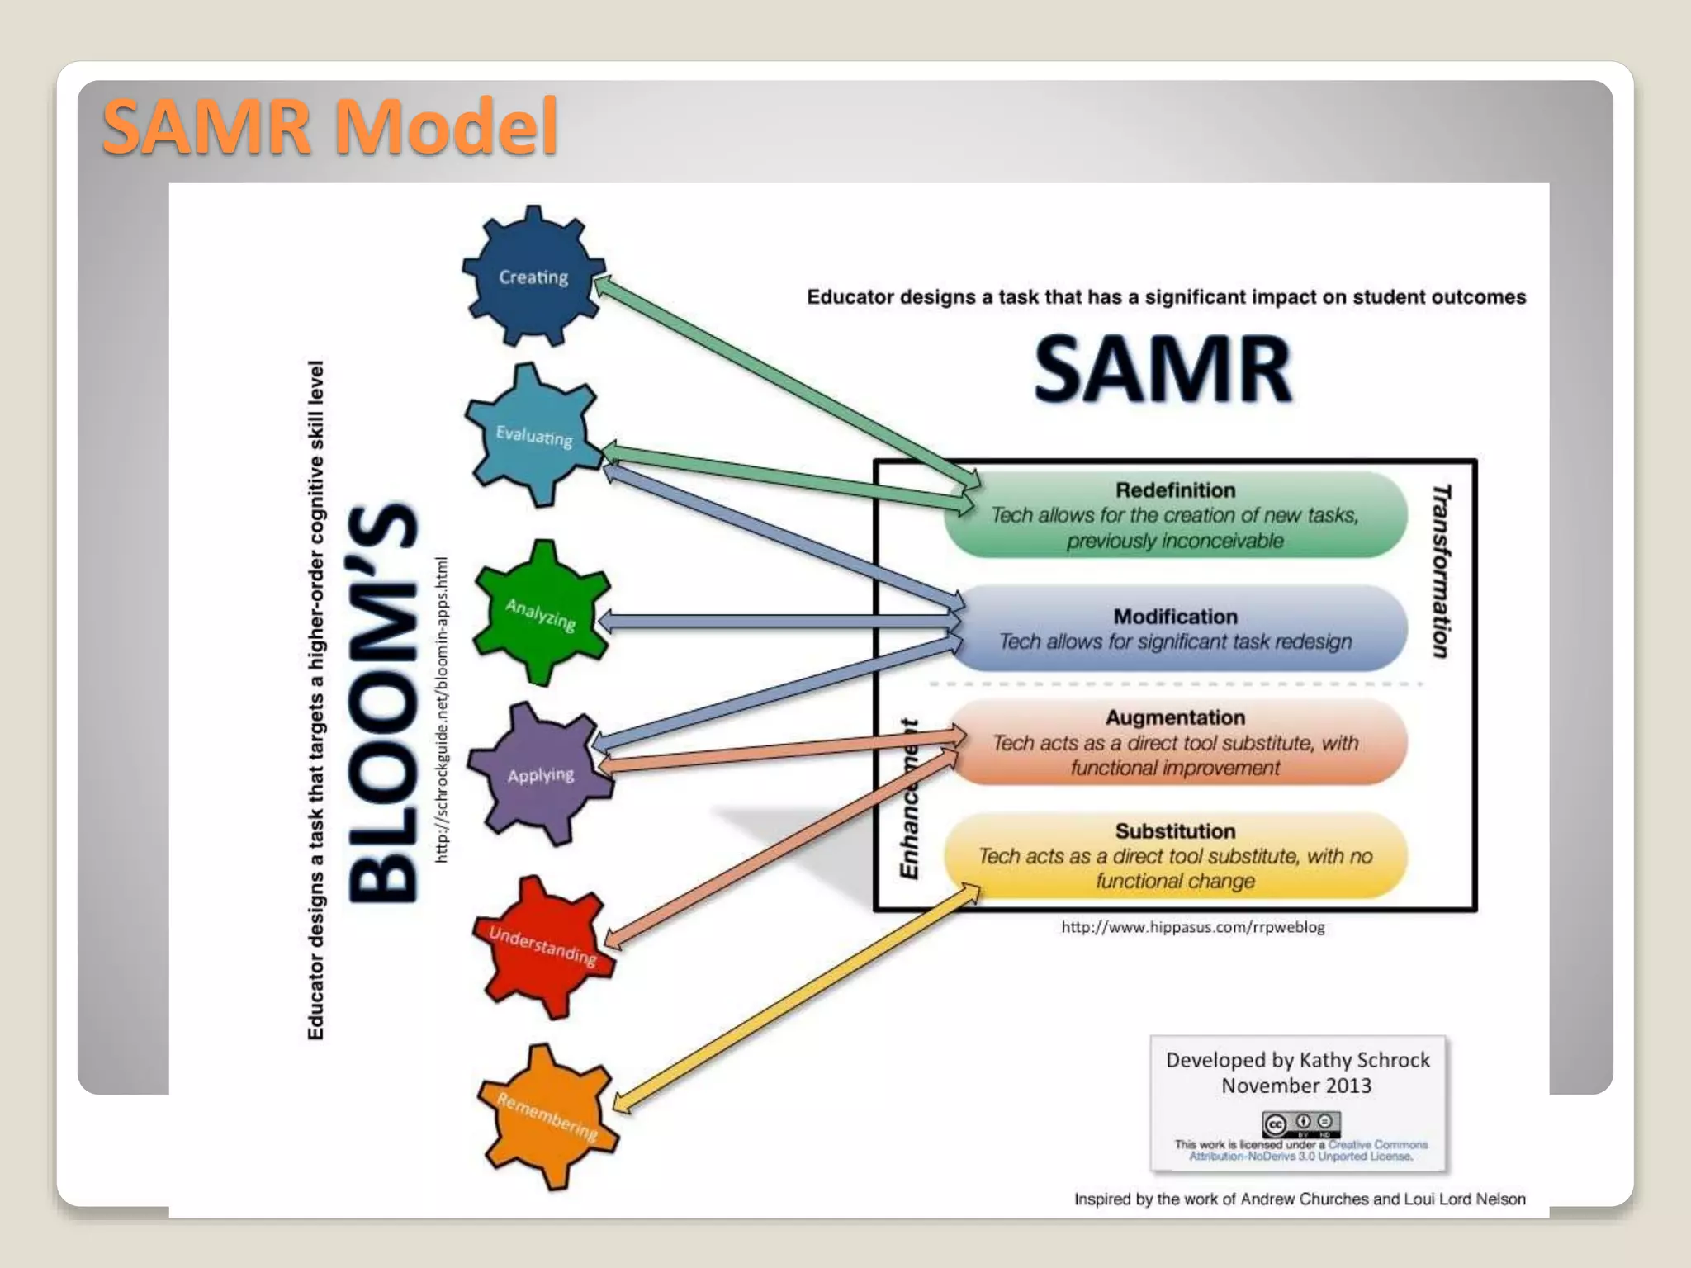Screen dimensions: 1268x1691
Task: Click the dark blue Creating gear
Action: click(533, 276)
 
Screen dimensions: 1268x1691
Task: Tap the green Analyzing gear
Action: click(542, 613)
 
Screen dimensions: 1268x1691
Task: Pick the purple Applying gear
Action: click(541, 774)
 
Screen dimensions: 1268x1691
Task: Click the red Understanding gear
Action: click(542, 946)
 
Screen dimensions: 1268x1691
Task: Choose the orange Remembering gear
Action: click(547, 1115)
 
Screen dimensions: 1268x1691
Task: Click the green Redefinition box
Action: click(1175, 515)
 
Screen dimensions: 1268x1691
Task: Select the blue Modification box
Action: click(1175, 629)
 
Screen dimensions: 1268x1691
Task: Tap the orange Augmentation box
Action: click(1175, 742)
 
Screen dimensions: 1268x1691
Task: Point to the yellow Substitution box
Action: click(1175, 856)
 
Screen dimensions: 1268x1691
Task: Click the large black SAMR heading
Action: click(1163, 369)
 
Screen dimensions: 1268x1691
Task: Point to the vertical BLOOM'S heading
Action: click(382, 702)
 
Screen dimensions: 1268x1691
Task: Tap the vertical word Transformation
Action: click(1441, 571)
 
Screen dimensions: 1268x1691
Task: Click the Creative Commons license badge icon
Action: click(1300, 1124)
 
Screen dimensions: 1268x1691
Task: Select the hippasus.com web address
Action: click(1192, 927)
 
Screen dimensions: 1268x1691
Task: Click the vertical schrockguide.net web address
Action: click(442, 710)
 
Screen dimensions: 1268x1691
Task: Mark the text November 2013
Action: click(1296, 1086)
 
